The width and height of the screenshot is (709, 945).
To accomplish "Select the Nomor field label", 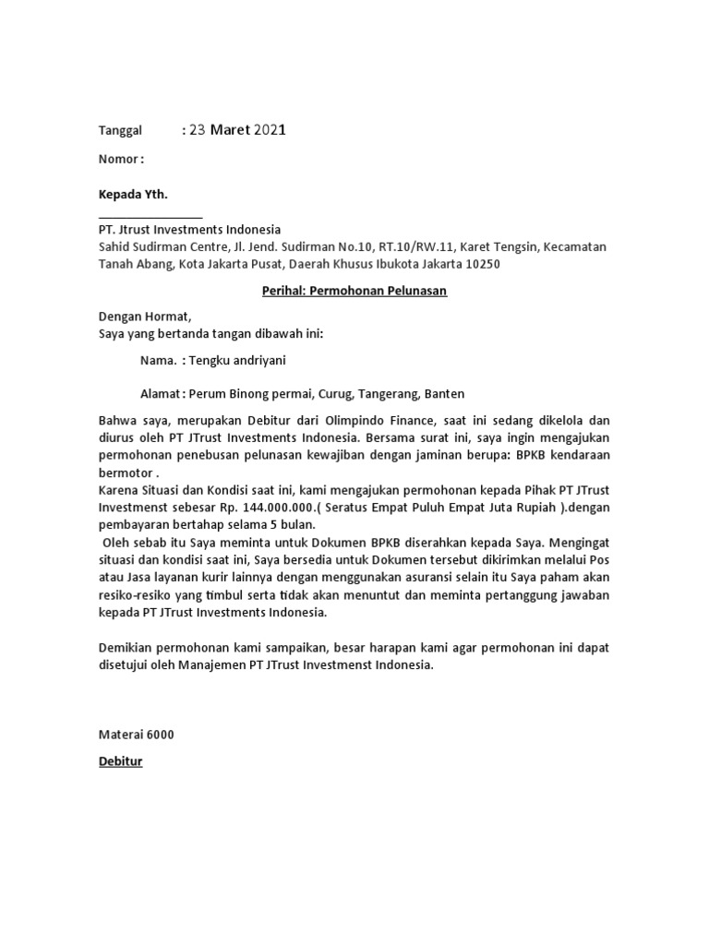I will pyautogui.click(x=120, y=159).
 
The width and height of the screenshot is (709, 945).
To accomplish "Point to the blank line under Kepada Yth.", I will pyautogui.click(x=150, y=218).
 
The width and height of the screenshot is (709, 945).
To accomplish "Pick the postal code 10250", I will pyautogui.click(x=480, y=265).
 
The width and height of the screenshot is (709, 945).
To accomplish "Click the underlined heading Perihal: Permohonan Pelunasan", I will pyautogui.click(x=354, y=292).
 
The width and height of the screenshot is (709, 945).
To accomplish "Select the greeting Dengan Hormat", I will pyautogui.click(x=144, y=316).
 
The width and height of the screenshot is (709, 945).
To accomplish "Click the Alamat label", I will pyautogui.click(x=160, y=393).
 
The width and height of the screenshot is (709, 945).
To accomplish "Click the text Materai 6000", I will pyautogui.click(x=136, y=736).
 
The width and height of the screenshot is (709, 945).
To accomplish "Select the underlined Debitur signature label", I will pyautogui.click(x=120, y=762).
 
